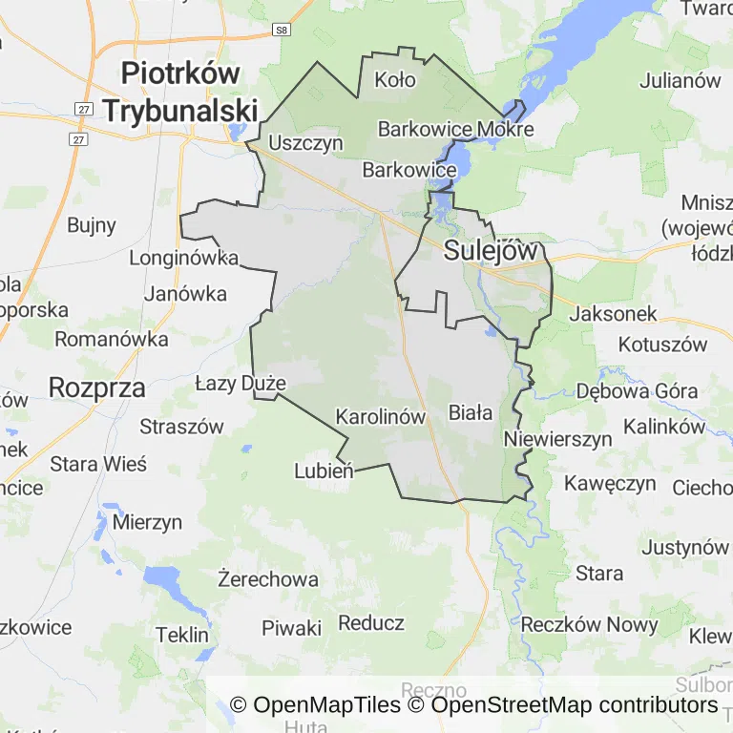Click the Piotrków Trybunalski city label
[180, 92]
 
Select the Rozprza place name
[96, 387]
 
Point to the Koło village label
[395, 79]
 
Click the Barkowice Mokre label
[454, 129]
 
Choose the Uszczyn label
[305, 143]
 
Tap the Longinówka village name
[183, 258]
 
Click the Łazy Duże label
[241, 384]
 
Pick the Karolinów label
[380, 417]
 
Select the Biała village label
[471, 413]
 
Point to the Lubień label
[325, 470]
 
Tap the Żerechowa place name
[267, 579]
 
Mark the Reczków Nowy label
[590, 625]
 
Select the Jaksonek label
[616, 313]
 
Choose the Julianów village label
[680, 80]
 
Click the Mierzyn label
[147, 522]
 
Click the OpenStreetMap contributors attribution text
[575, 705]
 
